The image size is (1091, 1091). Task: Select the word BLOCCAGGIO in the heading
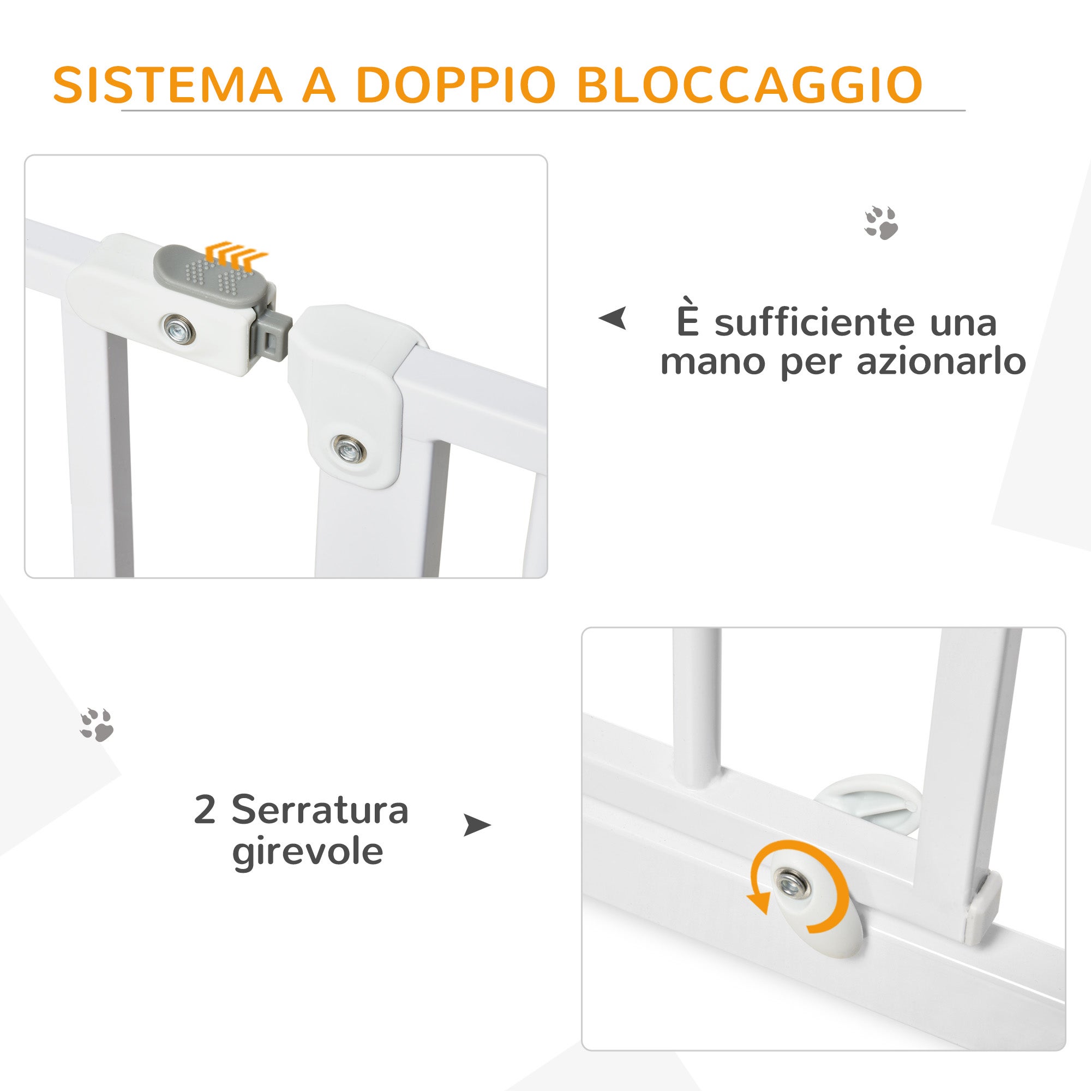[x=751, y=85]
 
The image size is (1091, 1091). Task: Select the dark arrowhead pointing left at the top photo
[x=613, y=319]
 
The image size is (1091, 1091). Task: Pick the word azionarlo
[x=941, y=362]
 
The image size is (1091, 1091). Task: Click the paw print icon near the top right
[x=882, y=223]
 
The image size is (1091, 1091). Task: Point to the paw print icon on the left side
[x=97, y=724]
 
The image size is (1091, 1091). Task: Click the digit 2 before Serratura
[x=205, y=811]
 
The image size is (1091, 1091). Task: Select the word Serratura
[x=320, y=811]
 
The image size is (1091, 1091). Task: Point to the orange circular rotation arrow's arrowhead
[x=758, y=904]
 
